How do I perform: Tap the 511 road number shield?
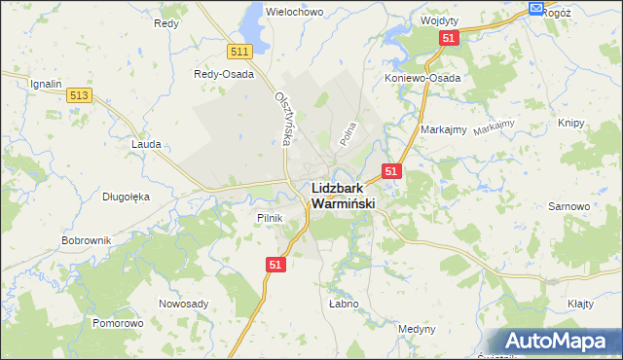[x=241, y=52]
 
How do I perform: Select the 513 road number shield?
[x=80, y=95]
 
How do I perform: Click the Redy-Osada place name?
[x=224, y=74]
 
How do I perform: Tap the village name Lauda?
[x=145, y=143]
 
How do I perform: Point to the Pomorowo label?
[x=118, y=322]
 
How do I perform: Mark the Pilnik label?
[x=269, y=218]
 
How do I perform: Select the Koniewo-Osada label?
[x=422, y=78]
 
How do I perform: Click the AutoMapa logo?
[x=557, y=341]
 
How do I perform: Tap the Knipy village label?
[x=571, y=124]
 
